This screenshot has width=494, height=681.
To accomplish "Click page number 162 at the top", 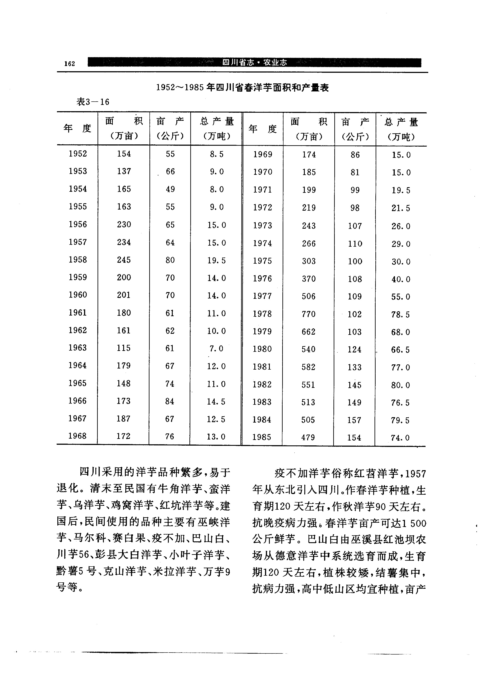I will pos(69,63).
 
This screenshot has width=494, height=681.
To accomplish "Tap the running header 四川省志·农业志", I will pos(254,63).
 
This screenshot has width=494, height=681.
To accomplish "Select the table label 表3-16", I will pos(93,102).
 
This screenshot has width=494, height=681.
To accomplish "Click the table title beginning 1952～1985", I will pos(242,88).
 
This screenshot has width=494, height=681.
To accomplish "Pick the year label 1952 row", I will pos(78,154).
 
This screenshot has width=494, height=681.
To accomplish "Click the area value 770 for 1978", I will pos(308,314).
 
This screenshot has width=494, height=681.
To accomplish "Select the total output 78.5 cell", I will pos(400,315).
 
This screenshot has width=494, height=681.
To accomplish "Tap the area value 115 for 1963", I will pos(124,348).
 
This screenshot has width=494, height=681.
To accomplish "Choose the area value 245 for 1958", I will pos(124,260).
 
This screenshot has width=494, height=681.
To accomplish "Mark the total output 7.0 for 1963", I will pos(216,349).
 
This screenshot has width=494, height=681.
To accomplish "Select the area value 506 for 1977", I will pos(308,296).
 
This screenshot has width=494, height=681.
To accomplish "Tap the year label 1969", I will pos(262,154).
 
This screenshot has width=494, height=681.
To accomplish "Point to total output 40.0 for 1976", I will pos(401,279).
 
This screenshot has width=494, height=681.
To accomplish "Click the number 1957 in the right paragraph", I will pos(415,474).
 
